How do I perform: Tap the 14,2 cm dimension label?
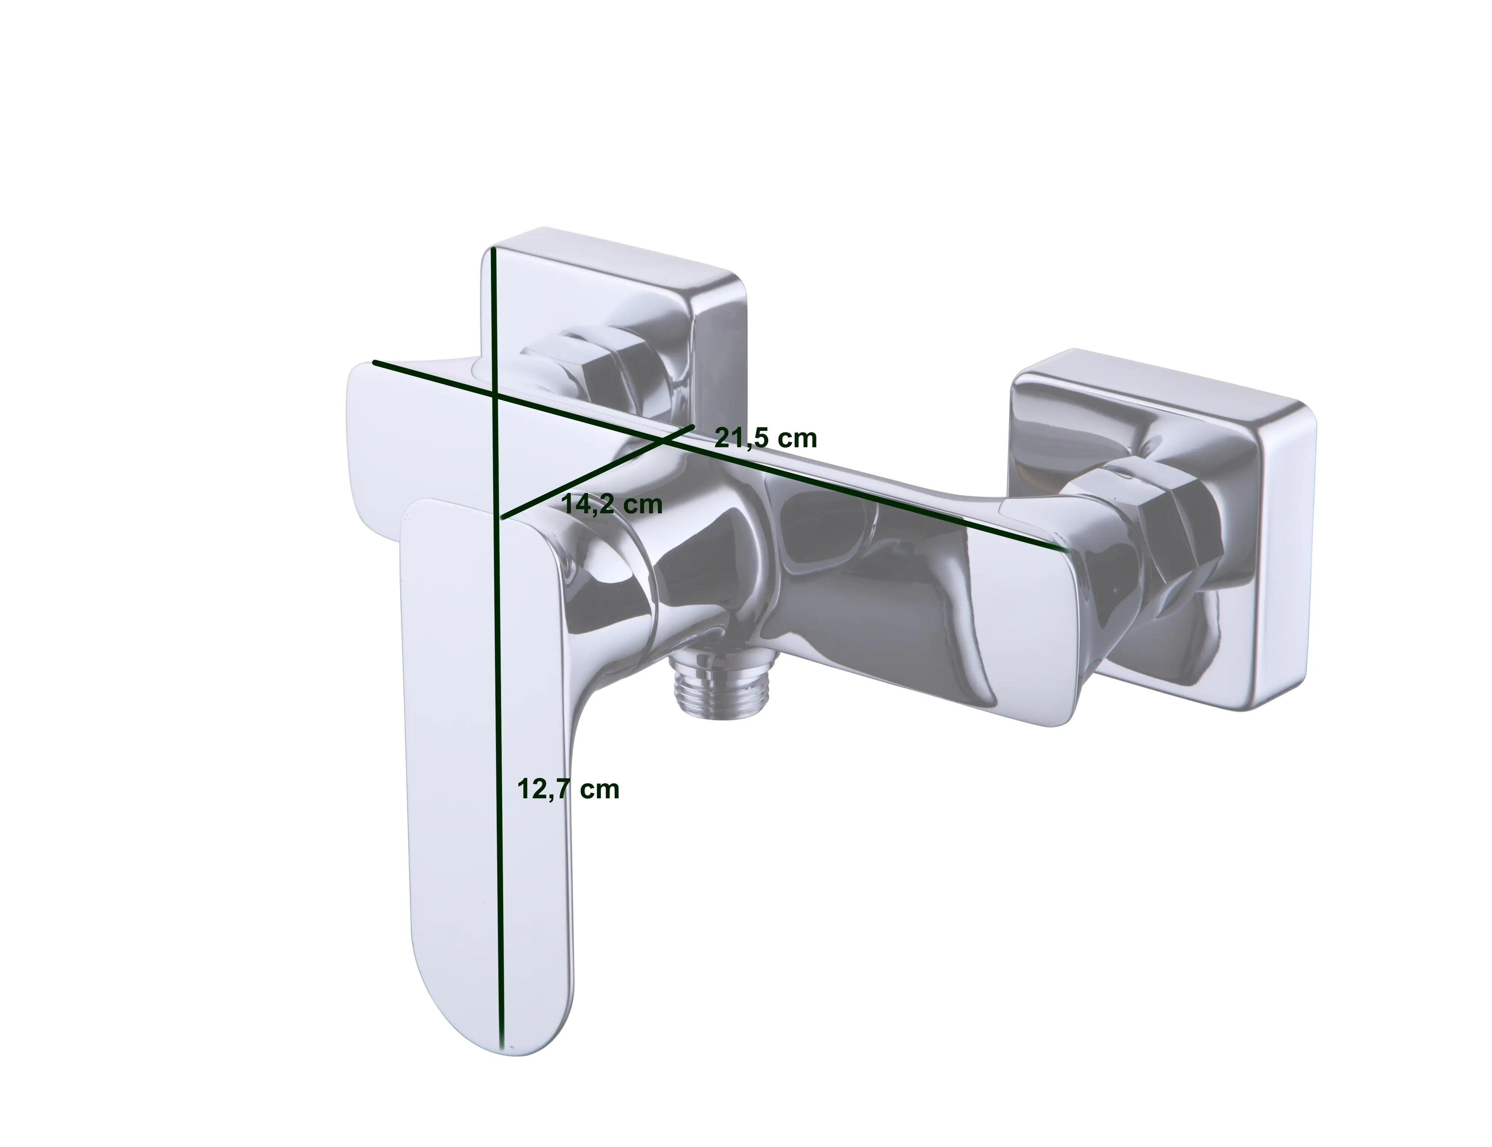point(611,505)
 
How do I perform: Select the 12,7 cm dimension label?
point(568,789)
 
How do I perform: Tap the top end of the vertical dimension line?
point(493,251)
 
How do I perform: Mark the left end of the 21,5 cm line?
point(375,362)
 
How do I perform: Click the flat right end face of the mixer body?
point(1024,614)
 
